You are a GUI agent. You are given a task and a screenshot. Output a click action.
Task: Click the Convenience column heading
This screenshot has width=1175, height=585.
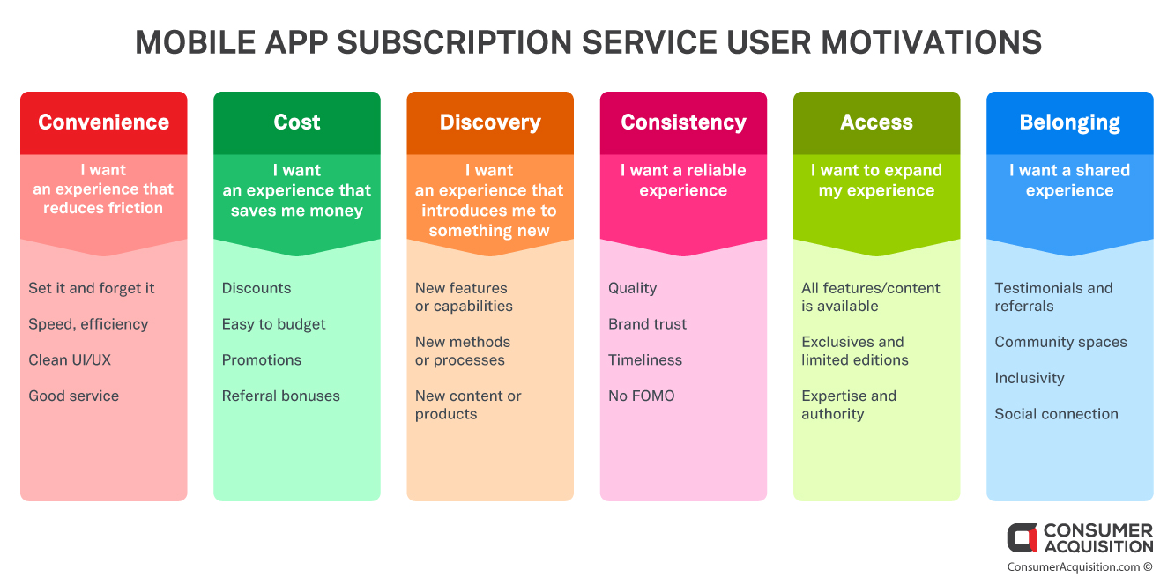pyautogui.click(x=103, y=122)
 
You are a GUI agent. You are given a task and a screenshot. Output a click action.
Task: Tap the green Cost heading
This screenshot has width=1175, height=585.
pyautogui.click(x=297, y=122)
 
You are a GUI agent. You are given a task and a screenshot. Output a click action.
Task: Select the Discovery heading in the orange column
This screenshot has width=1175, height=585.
pyautogui.click(x=490, y=123)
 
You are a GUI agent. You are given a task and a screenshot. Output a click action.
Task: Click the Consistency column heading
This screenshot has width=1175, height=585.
pyautogui.click(x=683, y=123)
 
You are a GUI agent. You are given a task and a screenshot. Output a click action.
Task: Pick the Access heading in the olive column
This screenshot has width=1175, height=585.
pyautogui.click(x=876, y=122)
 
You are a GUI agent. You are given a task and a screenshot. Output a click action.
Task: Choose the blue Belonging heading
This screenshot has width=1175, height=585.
pyautogui.click(x=1069, y=123)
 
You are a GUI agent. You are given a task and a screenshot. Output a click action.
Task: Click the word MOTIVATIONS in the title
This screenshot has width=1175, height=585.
pyautogui.click(x=931, y=42)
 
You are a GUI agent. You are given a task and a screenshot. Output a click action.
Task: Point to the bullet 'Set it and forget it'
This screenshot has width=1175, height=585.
pyautogui.click(x=92, y=288)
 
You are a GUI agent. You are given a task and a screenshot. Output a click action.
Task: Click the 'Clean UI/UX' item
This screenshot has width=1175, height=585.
pyautogui.click(x=70, y=360)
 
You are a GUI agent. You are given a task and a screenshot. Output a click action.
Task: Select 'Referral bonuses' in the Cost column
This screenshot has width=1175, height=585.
pyautogui.click(x=280, y=396)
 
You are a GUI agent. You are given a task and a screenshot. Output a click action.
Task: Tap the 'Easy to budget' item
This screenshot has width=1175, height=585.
pyautogui.click(x=273, y=324)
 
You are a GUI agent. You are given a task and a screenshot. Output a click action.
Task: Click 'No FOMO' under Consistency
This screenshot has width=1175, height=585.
pyautogui.click(x=642, y=396)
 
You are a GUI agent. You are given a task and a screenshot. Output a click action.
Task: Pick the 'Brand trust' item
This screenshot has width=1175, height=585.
pyautogui.click(x=647, y=324)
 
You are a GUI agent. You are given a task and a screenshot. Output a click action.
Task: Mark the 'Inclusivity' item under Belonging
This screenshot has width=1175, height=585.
pyautogui.click(x=1030, y=379)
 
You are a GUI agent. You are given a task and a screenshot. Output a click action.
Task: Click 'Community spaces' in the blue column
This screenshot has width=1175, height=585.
pyautogui.click(x=1060, y=343)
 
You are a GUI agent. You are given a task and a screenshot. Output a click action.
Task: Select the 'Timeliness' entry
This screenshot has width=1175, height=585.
pyautogui.click(x=645, y=360)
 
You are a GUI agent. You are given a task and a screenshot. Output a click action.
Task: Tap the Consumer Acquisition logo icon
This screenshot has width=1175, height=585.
pyautogui.click(x=1022, y=537)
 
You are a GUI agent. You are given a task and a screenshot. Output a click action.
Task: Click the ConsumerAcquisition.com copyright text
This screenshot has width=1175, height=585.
pyautogui.click(x=1080, y=567)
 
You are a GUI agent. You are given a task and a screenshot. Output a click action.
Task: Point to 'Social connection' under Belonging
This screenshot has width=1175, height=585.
pyautogui.click(x=1057, y=414)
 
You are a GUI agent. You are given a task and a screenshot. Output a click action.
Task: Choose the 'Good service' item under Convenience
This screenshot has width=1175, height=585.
pyautogui.click(x=73, y=396)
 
